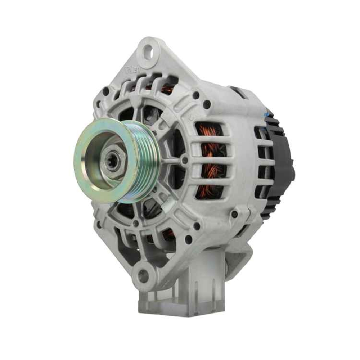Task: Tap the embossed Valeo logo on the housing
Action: pyautogui.click(x=133, y=70)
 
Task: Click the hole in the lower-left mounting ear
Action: pyautogui.click(x=143, y=275)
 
